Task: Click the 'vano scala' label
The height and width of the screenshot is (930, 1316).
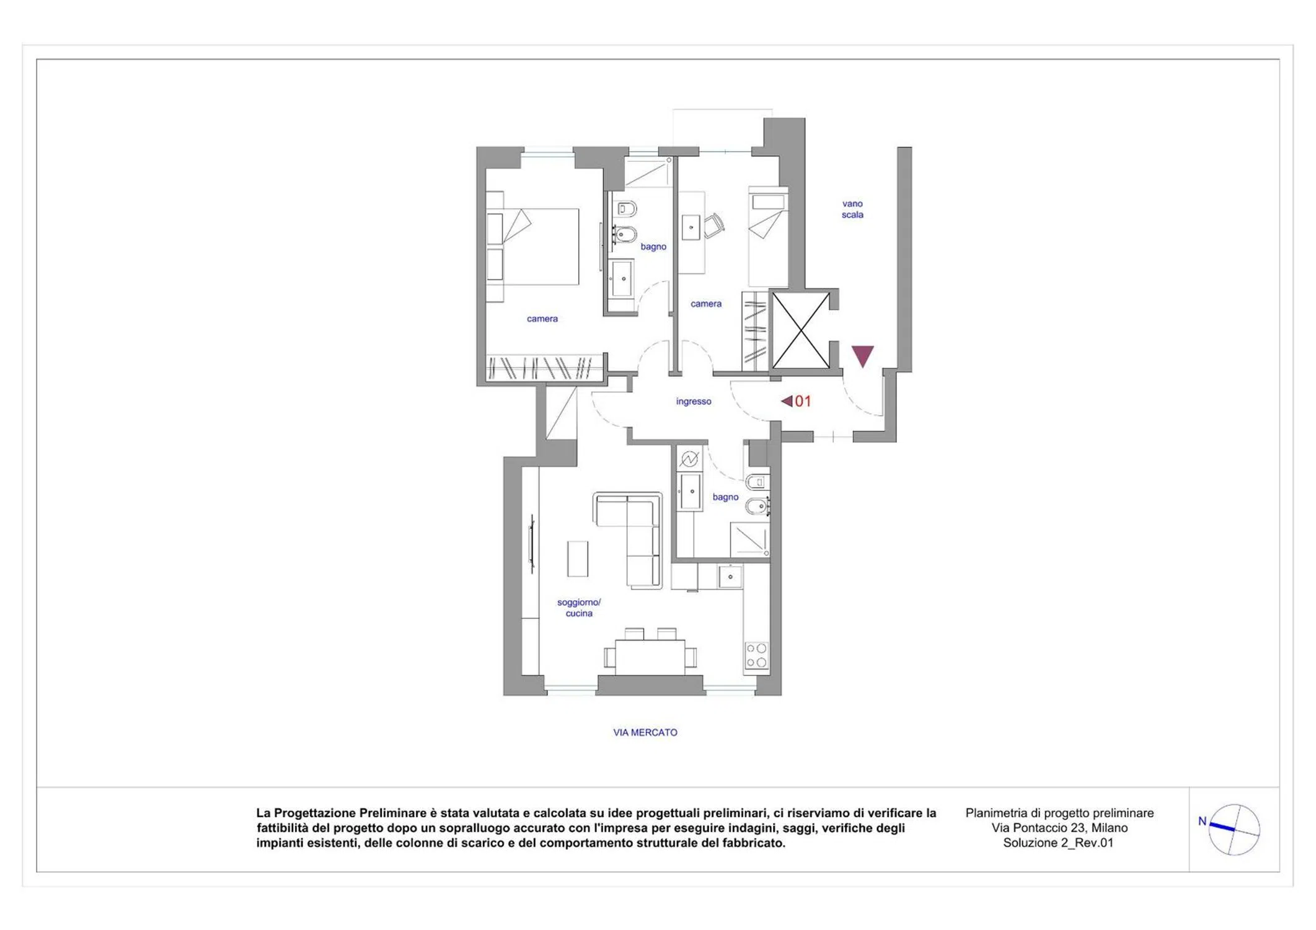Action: click(852, 209)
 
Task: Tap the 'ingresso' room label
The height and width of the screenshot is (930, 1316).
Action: click(694, 401)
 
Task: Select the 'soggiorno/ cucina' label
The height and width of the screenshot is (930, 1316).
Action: click(579, 608)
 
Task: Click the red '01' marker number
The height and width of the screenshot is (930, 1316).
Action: click(803, 401)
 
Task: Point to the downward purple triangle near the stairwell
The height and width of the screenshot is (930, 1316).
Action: click(862, 355)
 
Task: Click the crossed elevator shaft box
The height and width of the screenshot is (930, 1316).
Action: click(800, 330)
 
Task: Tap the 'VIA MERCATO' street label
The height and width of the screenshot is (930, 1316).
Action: click(645, 732)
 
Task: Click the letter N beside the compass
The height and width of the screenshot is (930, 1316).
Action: click(1202, 821)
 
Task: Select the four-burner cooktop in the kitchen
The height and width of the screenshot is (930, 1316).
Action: click(756, 655)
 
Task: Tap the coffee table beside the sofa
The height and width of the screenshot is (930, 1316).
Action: click(578, 559)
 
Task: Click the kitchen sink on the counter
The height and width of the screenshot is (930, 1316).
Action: click(730, 577)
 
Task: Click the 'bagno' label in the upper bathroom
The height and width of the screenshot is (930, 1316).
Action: click(653, 247)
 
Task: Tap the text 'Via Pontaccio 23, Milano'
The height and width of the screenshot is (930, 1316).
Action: click(1059, 828)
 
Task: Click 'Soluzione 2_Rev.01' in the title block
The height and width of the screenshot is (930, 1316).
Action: click(1058, 843)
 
